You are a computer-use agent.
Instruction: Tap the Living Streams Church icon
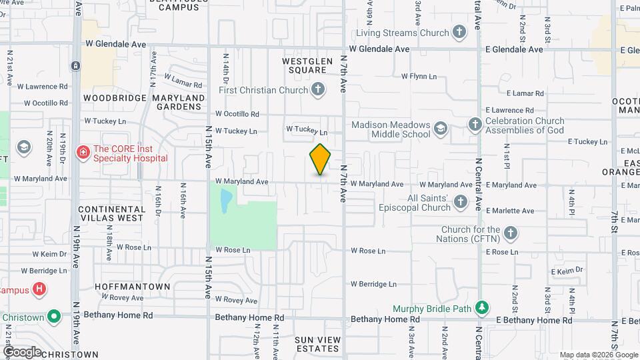point(459,32)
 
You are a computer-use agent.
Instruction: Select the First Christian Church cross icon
point(319,89)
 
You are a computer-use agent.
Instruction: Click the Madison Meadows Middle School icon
point(440,128)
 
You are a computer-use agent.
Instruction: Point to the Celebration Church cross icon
point(475,124)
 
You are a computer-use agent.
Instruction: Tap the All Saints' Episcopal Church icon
point(460,201)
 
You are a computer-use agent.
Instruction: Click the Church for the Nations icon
point(511,233)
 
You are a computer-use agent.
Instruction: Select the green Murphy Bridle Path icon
point(482,308)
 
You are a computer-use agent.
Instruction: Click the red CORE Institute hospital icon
point(83,153)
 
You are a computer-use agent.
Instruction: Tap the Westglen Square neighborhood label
point(307,65)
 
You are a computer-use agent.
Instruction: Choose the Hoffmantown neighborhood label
point(132,286)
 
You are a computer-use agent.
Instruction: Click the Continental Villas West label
point(111,213)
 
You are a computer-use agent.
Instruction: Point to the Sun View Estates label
point(318,344)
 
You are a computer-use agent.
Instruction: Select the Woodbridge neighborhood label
point(115,98)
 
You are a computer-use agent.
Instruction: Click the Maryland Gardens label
point(179,102)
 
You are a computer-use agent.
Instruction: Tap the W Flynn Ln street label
point(419,76)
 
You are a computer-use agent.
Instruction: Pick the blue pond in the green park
point(225,198)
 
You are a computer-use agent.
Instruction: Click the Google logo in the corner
point(22,351)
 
